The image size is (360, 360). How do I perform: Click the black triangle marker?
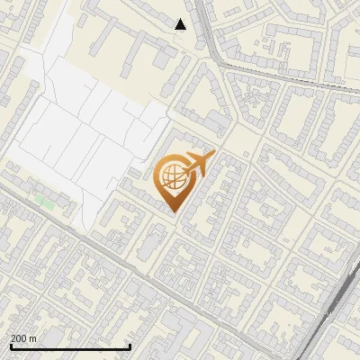coord(181,24)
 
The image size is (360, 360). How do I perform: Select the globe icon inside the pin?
coord(171,175)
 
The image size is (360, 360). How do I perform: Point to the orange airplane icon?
coord(196,166)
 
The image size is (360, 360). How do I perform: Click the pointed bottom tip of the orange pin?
coord(172,211)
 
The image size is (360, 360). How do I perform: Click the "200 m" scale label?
coord(23,338)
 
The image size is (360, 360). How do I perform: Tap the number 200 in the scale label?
coord(19,338)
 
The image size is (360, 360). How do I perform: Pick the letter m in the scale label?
coord(32,338)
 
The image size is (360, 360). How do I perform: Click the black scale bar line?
coord(70,346)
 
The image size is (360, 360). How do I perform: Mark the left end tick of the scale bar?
coord(11,346)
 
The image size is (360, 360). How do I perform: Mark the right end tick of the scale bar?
coord(130,346)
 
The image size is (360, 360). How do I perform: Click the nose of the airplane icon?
coord(212,155)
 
